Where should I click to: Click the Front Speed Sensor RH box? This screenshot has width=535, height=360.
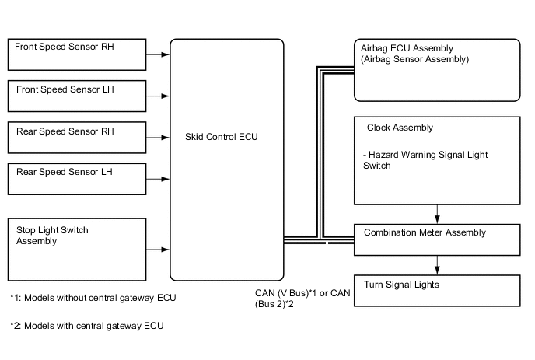(76, 54)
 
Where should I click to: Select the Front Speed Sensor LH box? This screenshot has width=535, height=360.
(76, 97)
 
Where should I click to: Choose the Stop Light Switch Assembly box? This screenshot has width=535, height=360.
(76, 249)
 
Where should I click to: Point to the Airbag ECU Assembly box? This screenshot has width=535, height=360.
(436, 69)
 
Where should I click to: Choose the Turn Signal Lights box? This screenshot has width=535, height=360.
(436, 290)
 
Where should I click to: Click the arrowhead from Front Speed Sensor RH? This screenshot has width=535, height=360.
(166, 55)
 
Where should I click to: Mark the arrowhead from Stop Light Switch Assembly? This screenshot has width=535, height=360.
(166, 250)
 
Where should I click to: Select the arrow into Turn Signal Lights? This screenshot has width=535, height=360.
(438, 267)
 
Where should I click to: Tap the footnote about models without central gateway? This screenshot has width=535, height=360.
(98, 298)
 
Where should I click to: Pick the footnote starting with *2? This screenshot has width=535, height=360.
(87, 326)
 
